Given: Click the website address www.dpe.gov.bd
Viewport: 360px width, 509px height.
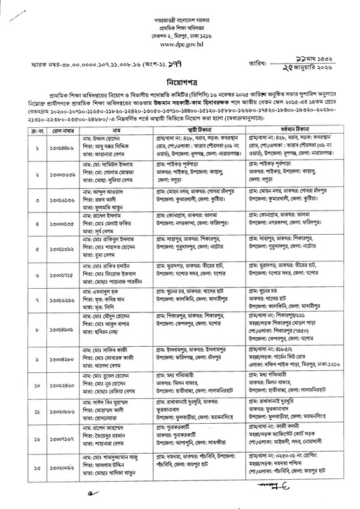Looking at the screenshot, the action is pyautogui.click(x=179, y=46).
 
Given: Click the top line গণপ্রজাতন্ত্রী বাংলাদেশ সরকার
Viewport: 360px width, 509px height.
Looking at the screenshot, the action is pyautogui.click(x=180, y=13).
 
